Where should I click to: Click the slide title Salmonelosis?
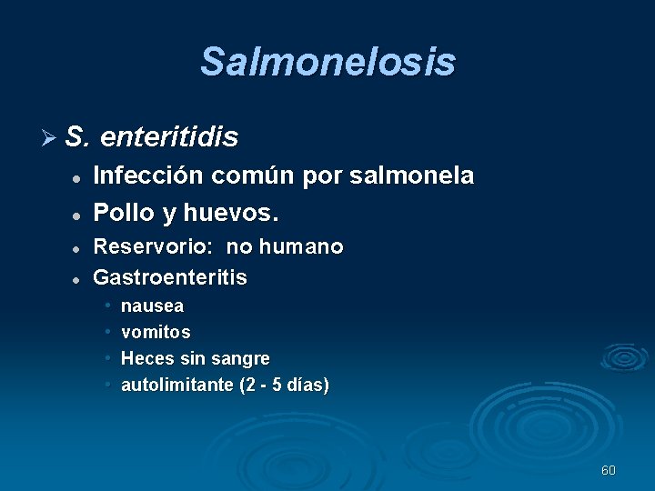click(327, 62)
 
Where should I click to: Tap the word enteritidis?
click(169, 137)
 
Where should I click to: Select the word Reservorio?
click(154, 246)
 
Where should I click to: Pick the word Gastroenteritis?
click(170, 276)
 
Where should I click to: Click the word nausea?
click(152, 306)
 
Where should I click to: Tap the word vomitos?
click(156, 333)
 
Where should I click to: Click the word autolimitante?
click(176, 385)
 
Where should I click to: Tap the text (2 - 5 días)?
click(284, 385)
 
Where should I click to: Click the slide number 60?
click(609, 470)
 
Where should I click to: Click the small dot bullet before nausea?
click(107, 306)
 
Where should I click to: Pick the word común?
click(257, 175)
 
